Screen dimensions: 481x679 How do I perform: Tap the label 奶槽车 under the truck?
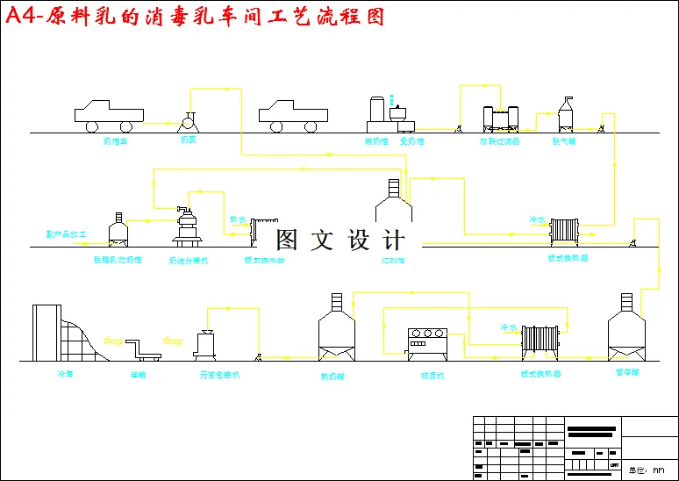116,140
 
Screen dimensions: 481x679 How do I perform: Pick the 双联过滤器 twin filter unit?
500,118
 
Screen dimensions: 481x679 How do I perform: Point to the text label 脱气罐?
562,140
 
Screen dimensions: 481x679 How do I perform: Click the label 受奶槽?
411,140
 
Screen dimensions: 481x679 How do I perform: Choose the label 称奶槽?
375,140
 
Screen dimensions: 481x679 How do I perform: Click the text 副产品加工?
67,235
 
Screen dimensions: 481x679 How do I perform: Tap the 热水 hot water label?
238,219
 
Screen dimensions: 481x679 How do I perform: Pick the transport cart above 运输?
143,350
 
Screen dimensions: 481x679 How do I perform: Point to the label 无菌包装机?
219,374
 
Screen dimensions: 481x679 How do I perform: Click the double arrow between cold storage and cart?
112,341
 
